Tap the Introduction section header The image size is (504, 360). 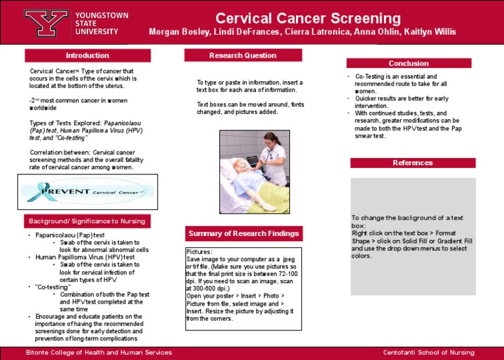87,56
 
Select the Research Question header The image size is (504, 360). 243,56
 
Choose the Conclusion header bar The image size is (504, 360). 408,64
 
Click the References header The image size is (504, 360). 412,163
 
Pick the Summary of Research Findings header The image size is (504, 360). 243,233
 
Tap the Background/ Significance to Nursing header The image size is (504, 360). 87,220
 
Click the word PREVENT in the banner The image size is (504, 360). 65,191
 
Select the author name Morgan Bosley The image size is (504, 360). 176,33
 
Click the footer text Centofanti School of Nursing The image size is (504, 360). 429,353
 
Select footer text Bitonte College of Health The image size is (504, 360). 98,353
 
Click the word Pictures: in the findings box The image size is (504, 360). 199,252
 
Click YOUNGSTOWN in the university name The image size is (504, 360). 102,15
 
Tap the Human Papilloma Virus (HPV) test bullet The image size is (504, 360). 85,257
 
